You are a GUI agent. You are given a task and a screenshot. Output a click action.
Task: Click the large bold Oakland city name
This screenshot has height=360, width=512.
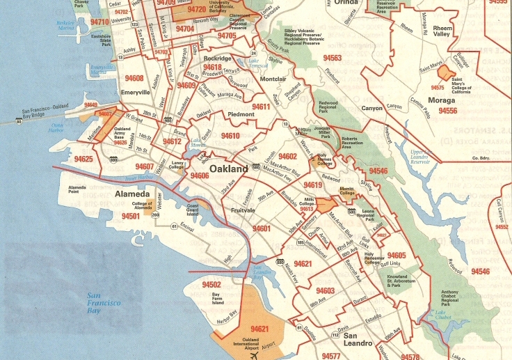click(x=228, y=169)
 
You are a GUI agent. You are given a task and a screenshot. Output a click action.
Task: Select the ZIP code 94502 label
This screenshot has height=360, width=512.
click(x=211, y=285)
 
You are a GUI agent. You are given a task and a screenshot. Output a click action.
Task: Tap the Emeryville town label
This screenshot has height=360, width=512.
click(x=135, y=92)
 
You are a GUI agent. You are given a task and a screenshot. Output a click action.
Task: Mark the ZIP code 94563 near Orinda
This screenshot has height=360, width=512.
click(x=333, y=58)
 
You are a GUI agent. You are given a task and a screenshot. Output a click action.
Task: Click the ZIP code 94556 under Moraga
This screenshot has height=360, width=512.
click(x=447, y=111)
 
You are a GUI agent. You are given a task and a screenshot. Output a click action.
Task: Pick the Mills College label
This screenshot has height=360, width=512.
click(x=307, y=203)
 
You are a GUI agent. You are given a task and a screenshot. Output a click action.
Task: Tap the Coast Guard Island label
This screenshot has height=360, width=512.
click(x=193, y=210)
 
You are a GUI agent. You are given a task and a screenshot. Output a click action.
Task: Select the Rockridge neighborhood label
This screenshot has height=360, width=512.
click(x=218, y=59)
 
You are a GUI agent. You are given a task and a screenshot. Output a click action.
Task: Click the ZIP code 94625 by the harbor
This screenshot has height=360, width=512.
click(x=83, y=159)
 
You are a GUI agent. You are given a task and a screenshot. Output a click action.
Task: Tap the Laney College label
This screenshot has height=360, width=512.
click(x=176, y=166)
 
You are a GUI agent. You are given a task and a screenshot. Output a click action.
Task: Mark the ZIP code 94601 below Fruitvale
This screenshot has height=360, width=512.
click(x=262, y=228)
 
